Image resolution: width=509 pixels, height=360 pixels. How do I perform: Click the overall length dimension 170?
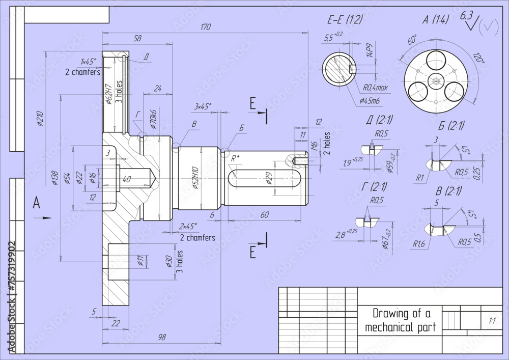(205, 27)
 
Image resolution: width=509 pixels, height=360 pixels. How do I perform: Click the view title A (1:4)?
(436, 20)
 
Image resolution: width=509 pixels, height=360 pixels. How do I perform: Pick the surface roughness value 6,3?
(467, 15)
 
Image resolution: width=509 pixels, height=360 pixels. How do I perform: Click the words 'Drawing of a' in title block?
(401, 313)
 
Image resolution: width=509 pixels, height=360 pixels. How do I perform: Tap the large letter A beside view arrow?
(36, 203)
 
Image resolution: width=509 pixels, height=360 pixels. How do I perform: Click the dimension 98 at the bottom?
(162, 337)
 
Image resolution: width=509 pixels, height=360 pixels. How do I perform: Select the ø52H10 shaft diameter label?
(194, 178)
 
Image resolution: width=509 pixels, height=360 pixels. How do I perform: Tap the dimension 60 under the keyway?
(265, 215)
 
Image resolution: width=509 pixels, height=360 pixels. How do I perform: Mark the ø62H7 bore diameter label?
(108, 93)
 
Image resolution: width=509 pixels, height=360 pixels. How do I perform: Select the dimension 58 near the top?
(137, 38)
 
